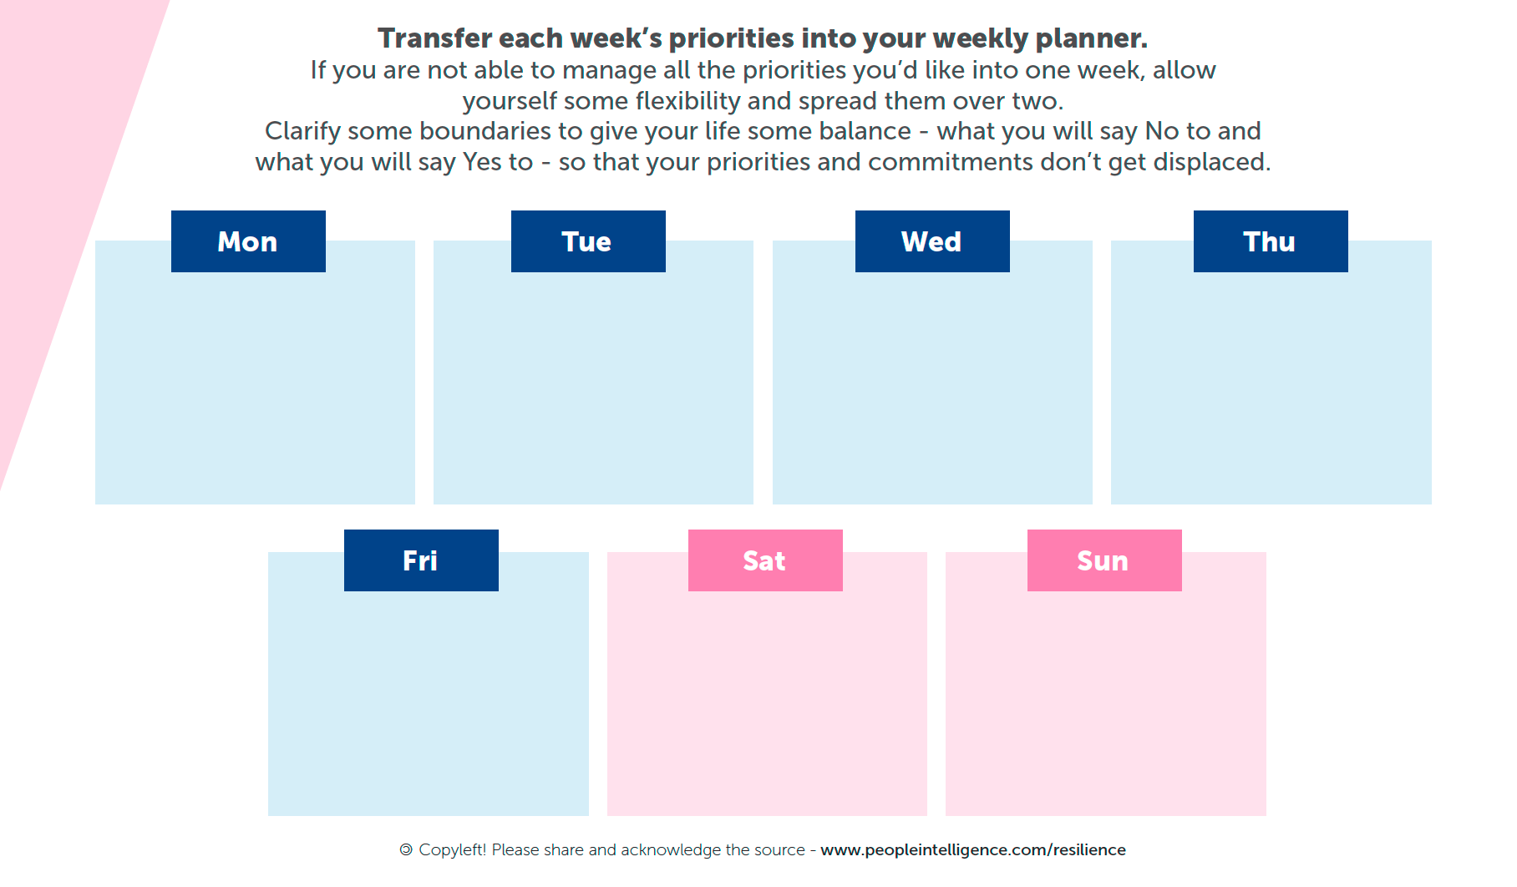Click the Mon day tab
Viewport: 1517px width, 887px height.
[x=248, y=241]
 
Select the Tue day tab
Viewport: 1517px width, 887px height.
[x=588, y=241]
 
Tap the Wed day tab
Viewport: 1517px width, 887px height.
[x=932, y=241]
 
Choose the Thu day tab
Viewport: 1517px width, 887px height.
[x=1271, y=241]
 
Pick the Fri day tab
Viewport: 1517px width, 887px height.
[x=421, y=560]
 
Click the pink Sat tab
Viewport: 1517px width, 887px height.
[x=765, y=560]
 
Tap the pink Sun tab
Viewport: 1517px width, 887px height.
[x=1104, y=560]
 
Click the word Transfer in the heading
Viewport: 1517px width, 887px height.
[x=434, y=38]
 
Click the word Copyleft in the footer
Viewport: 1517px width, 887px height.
[x=453, y=850]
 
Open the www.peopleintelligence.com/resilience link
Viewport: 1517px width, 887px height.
[x=973, y=850]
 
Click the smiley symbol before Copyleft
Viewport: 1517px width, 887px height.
[x=406, y=849]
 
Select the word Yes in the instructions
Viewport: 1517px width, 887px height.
[x=481, y=162]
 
